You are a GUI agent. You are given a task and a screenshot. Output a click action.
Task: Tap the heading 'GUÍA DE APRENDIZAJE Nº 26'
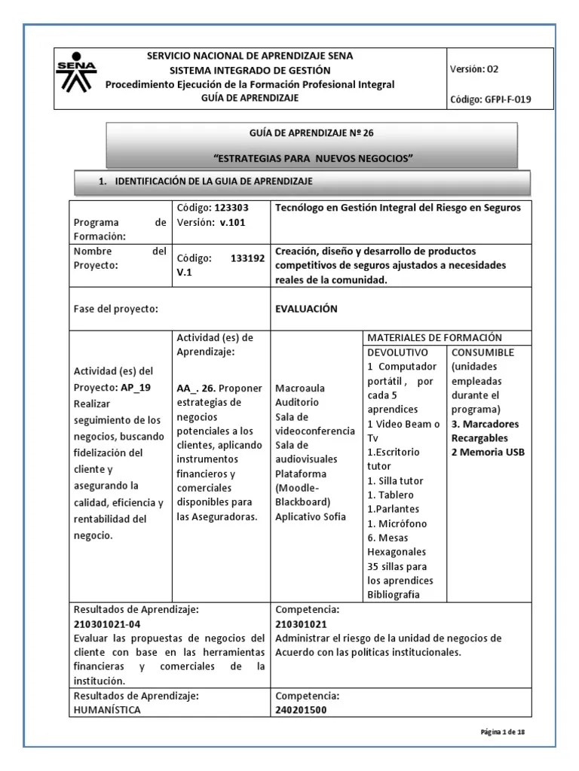click(x=311, y=133)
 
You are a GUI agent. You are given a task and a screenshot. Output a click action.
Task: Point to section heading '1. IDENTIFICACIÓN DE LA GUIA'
click(x=206, y=182)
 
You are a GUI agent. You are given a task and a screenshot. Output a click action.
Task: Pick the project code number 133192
click(x=247, y=258)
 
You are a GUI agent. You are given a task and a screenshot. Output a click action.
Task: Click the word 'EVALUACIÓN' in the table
click(x=307, y=309)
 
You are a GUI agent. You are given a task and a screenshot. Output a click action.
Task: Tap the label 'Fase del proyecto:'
click(x=115, y=309)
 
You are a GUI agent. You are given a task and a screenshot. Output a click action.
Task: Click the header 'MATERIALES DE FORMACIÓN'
click(x=433, y=338)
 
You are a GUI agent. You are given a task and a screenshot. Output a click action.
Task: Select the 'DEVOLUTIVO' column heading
click(x=397, y=352)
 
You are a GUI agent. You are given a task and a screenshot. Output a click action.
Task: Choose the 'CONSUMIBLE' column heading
click(x=482, y=352)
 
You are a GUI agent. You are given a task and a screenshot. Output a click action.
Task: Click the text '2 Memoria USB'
click(x=488, y=453)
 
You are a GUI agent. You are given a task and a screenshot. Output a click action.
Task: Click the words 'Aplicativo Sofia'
click(x=311, y=517)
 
